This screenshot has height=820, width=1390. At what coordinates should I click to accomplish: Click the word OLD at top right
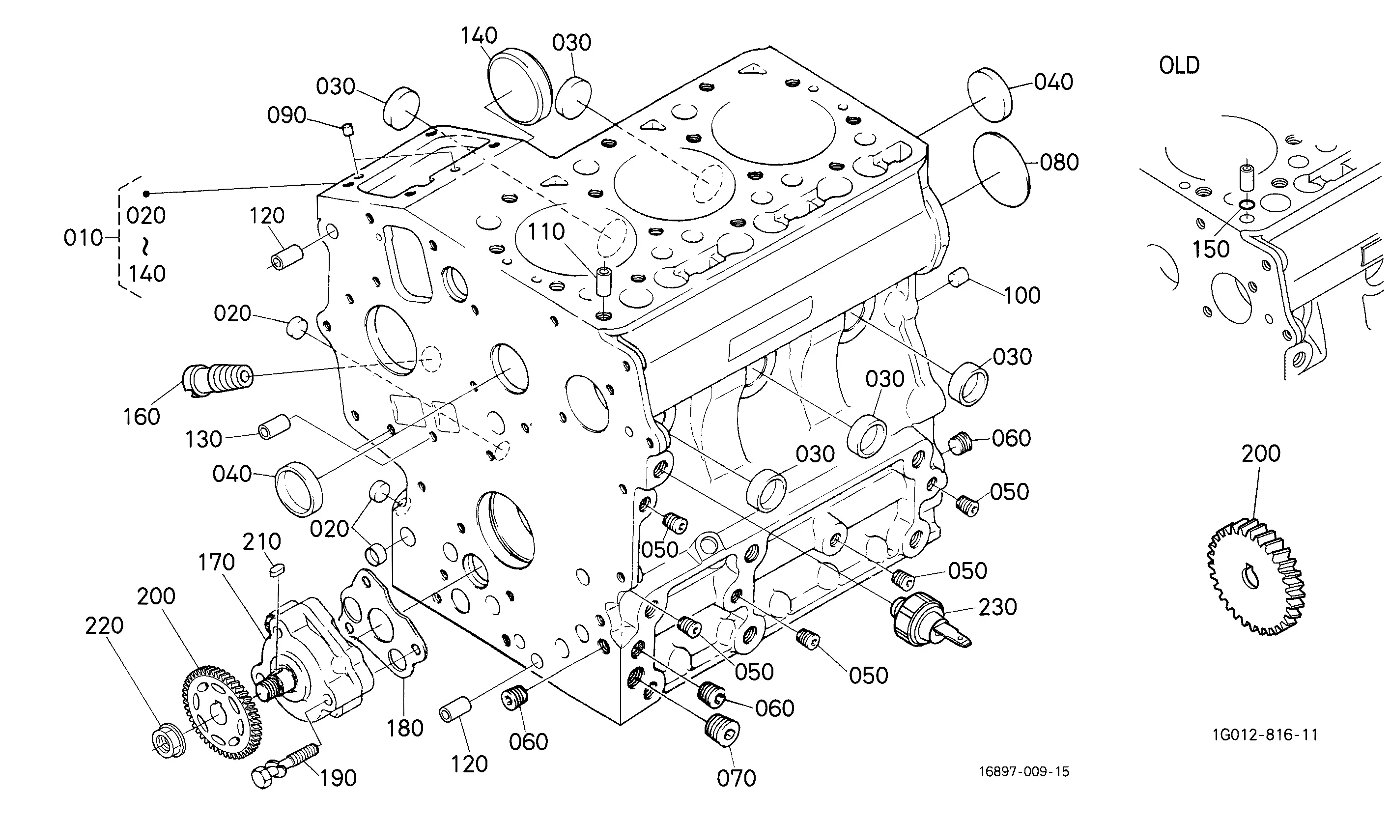(1179, 65)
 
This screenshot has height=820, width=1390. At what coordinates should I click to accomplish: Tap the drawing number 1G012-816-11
(1265, 735)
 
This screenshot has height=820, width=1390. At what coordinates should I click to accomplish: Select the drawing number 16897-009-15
(1024, 771)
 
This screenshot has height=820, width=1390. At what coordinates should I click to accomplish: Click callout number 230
(997, 607)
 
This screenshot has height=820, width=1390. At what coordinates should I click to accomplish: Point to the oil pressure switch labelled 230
(929, 620)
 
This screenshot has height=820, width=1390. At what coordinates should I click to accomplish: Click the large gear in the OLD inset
(1256, 577)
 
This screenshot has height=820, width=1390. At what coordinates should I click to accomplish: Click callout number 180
(405, 728)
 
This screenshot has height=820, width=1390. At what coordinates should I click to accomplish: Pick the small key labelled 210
(276, 570)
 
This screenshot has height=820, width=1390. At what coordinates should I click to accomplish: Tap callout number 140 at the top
(479, 36)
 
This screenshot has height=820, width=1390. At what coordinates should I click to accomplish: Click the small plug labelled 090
(346, 130)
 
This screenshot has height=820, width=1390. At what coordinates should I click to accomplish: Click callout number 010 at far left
(84, 238)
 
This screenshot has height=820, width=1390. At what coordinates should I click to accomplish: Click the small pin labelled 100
(959, 277)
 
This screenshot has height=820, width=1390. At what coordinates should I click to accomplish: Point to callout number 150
(1211, 250)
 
